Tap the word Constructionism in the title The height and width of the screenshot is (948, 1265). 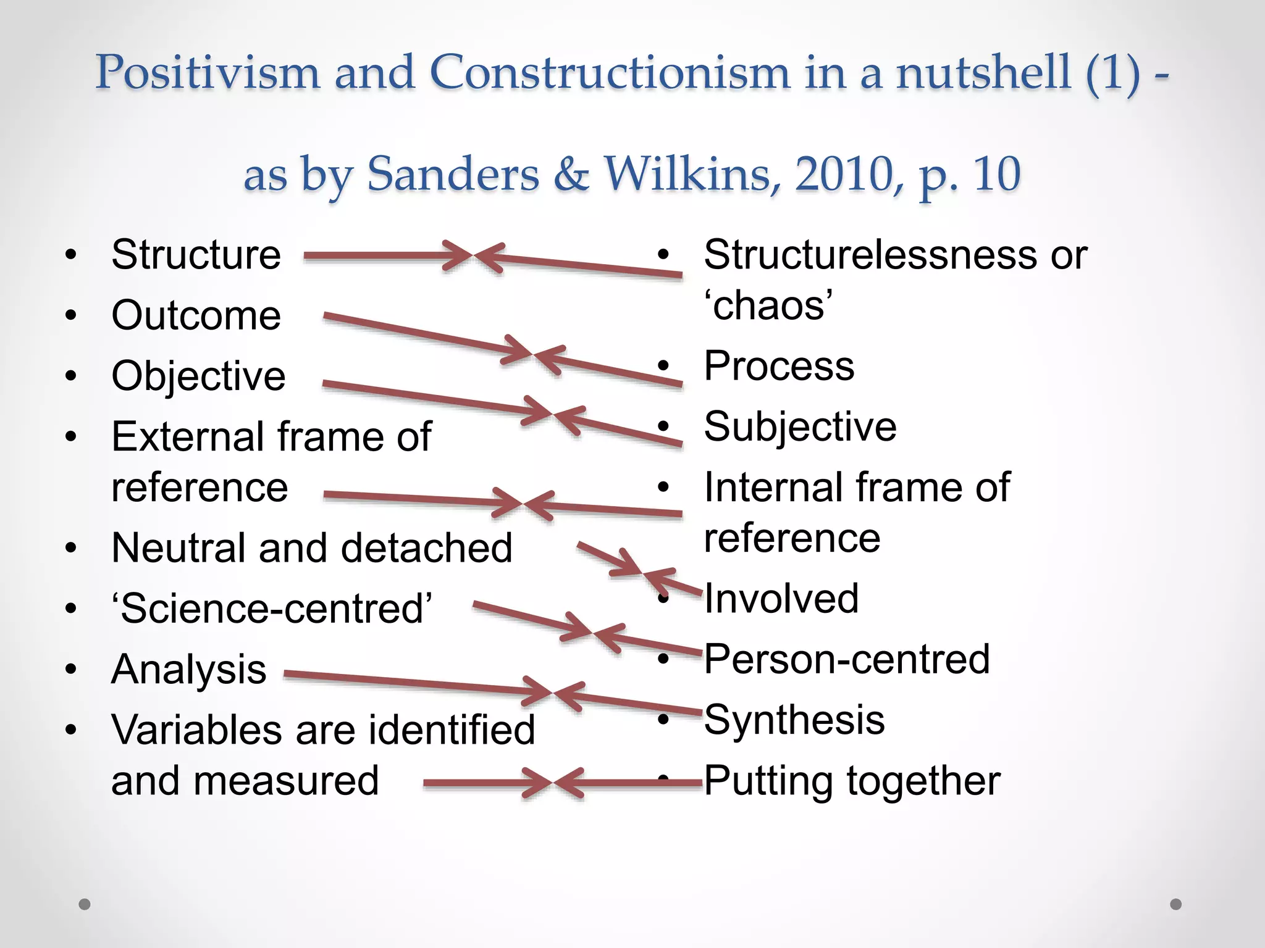[x=608, y=73]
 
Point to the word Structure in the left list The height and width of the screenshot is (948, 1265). [x=196, y=254]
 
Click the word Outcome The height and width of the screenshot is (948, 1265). [x=196, y=315]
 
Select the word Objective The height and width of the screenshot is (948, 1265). [x=198, y=376]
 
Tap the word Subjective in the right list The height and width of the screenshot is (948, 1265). [x=800, y=426]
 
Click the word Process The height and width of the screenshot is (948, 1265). [x=779, y=366]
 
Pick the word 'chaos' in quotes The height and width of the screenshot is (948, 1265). [x=768, y=305]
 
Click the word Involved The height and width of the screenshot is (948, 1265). [x=781, y=598]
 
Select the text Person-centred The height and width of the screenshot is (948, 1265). [x=847, y=659]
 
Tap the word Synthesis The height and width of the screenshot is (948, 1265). [x=794, y=720]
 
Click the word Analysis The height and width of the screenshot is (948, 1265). [x=188, y=670]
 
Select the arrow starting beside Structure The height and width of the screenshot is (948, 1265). [x=383, y=256]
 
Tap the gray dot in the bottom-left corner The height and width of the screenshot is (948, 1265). [x=85, y=904]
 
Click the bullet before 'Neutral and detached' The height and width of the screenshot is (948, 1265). [x=71, y=548]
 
